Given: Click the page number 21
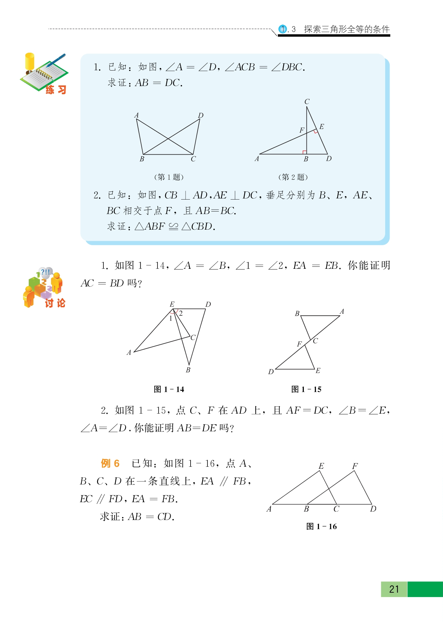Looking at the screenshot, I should click(394, 589).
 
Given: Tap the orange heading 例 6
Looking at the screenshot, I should click(110, 463).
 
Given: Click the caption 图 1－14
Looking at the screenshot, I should click(169, 389).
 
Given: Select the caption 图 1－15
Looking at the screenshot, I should click(306, 389).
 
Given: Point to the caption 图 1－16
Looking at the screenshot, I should click(321, 526).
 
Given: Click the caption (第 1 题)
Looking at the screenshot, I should click(169, 177).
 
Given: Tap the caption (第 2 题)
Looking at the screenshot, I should click(293, 177).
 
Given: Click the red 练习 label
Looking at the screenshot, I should click(56, 89).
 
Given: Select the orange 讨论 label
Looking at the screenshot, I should click(55, 303).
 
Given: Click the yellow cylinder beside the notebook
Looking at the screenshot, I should click(30, 62).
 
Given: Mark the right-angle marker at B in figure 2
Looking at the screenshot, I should click(304, 152).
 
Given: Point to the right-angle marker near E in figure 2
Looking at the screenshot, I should click(316, 131).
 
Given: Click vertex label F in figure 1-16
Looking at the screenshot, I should click(355, 466).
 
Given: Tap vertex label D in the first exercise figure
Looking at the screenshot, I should click(201, 115).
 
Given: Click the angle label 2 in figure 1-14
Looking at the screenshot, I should click(181, 313).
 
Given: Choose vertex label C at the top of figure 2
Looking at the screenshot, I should click(307, 102).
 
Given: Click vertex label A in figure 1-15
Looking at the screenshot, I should click(342, 311).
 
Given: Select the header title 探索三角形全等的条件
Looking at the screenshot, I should click(347, 29).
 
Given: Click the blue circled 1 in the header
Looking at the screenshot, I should click(282, 29).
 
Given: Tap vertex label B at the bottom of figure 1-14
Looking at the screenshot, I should click(188, 370).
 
